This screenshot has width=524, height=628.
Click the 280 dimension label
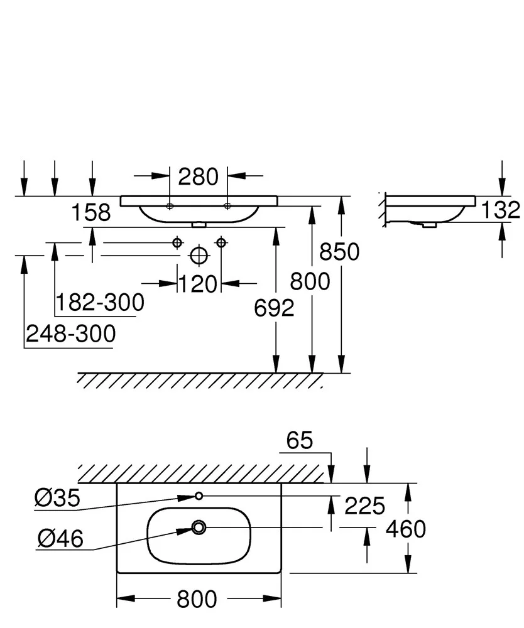click(198, 176)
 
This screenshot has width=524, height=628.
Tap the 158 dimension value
click(91, 213)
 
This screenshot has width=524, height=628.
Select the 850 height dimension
click(339, 252)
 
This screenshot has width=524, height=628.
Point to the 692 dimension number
click(274, 308)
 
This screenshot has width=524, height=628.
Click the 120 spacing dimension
click(198, 284)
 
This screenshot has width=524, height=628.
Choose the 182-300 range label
click(100, 303)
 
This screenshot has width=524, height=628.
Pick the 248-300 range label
click(70, 333)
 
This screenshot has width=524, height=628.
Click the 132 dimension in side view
click(500, 210)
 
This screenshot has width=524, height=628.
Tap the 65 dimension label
click(299, 441)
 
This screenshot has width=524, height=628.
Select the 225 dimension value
click(364, 506)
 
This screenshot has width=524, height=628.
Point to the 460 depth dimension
click(405, 529)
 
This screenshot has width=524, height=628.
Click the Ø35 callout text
click(57, 498)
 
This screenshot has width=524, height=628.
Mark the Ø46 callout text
click(60, 539)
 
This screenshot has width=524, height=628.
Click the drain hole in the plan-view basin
click(199, 528)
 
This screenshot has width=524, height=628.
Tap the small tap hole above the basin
click(199, 496)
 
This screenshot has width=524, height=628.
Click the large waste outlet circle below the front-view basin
click(199, 256)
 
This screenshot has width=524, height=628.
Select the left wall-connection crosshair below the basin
click(177, 242)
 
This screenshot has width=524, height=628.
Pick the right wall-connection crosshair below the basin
click(221, 242)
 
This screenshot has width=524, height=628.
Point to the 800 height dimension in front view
click(310, 281)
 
